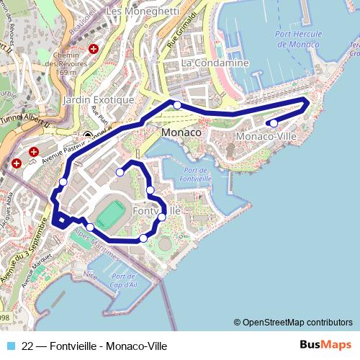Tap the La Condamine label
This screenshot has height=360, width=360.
[x=215, y=63]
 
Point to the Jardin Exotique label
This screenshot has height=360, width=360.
[x=99, y=99]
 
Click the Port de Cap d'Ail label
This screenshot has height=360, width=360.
[x=124, y=280]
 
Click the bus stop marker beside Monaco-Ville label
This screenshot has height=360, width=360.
[x=274, y=123]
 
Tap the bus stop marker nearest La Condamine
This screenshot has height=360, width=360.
[x=177, y=105]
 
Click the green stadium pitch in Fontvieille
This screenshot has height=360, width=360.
[x=109, y=215]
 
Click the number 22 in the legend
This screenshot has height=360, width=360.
[x=28, y=346]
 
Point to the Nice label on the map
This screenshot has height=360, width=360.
[x=89, y=274]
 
